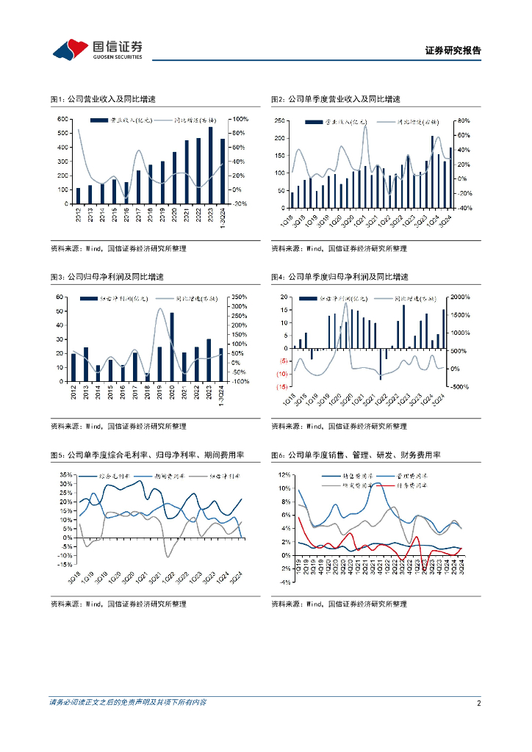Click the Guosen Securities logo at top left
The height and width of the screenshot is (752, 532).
pyautogui.click(x=96, y=49)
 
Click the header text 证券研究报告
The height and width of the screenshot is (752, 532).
pyautogui.click(x=453, y=51)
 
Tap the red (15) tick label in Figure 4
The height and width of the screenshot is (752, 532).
pyautogui.click(x=281, y=386)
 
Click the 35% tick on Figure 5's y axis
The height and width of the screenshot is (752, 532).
pyautogui.click(x=65, y=475)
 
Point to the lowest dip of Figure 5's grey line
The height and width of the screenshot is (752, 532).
pyautogui.click(x=168, y=556)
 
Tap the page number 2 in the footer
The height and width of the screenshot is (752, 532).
pyautogui.click(x=478, y=703)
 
